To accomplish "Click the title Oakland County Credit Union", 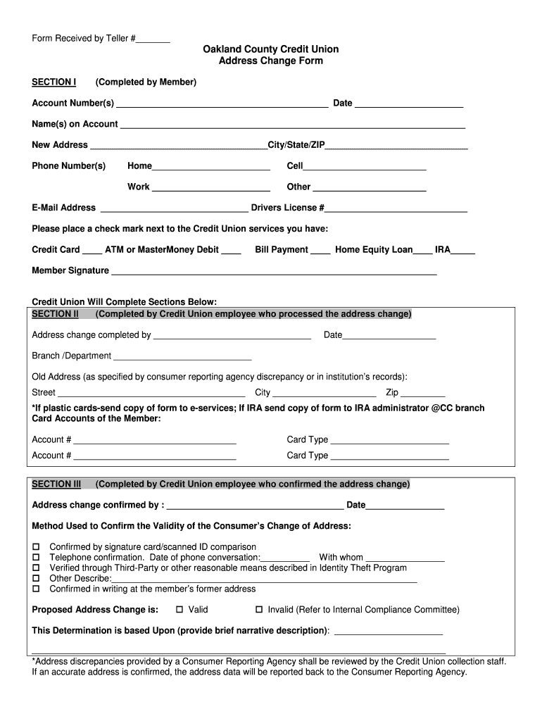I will (x=271, y=49).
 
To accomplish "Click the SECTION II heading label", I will (x=56, y=314).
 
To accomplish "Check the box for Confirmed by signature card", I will (x=37, y=547).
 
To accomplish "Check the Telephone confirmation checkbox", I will (x=37, y=558).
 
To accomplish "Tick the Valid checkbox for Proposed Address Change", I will (x=179, y=610).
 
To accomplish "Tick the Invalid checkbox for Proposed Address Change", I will (x=258, y=610).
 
